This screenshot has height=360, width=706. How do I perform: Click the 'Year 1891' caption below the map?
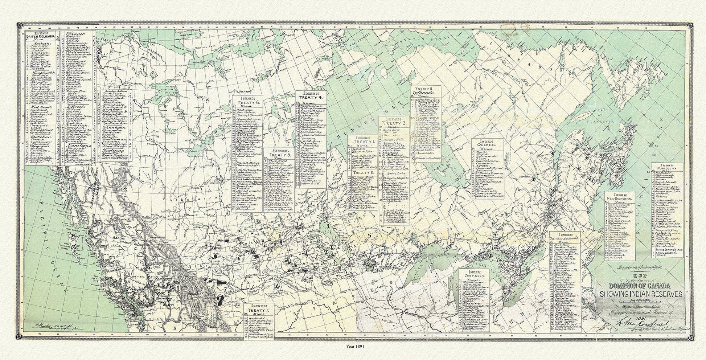pos(353,356)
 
